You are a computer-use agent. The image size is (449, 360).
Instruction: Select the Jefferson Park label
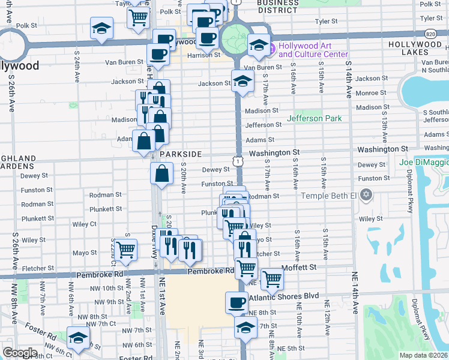(x=314, y=118)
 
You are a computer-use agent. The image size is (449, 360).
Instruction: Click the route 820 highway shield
(x=431, y=34)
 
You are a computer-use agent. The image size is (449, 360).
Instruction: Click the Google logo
(x=20, y=353)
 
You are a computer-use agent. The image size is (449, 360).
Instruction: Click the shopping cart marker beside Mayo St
(x=125, y=249)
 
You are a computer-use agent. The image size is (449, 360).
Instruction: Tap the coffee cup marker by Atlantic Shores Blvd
(x=237, y=302)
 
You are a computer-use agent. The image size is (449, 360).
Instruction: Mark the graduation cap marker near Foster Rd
(x=78, y=337)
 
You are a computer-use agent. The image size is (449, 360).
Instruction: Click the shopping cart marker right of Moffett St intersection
(x=272, y=278)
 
